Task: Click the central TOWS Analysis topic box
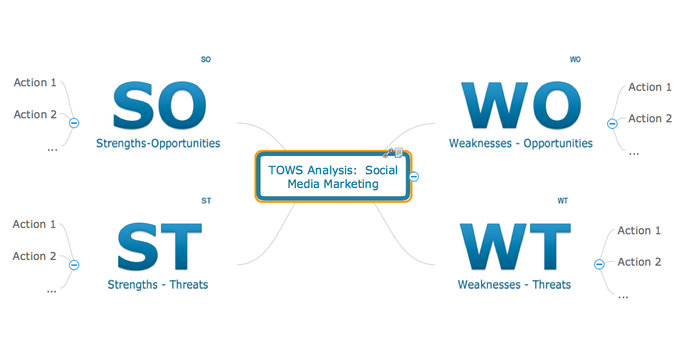click(x=333, y=177)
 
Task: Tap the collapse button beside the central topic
click(x=414, y=177)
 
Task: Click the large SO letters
click(x=159, y=106)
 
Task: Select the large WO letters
click(x=520, y=106)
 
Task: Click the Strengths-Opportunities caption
click(x=158, y=143)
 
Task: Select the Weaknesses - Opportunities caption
click(x=520, y=143)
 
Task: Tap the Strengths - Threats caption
click(x=158, y=285)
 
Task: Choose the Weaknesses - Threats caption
click(x=514, y=285)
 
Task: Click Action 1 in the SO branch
click(x=35, y=83)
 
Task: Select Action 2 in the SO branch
click(x=35, y=115)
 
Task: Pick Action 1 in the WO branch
click(x=650, y=87)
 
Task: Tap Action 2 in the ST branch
click(x=35, y=257)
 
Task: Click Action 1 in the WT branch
click(x=639, y=231)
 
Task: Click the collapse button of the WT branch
click(x=599, y=264)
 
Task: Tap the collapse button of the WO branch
click(x=612, y=123)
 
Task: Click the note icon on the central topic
click(x=399, y=153)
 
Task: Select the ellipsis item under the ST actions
click(x=51, y=290)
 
